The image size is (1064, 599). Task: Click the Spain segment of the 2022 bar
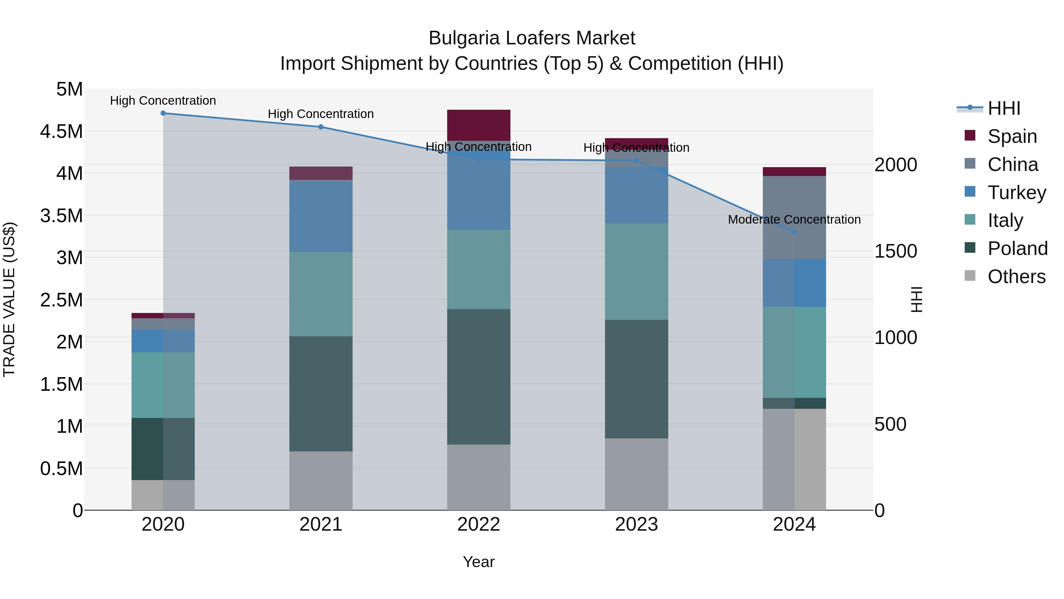click(479, 125)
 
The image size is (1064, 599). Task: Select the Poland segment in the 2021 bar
click(321, 393)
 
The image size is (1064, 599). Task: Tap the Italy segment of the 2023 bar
click(637, 271)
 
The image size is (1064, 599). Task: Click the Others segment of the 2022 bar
click(479, 477)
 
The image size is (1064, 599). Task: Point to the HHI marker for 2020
click(163, 113)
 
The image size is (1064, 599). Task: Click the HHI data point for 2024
click(794, 232)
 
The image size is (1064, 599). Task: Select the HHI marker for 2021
click(321, 127)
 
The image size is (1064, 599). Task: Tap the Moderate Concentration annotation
click(794, 219)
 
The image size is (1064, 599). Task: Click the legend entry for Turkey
click(1016, 193)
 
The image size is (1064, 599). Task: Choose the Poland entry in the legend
click(1017, 248)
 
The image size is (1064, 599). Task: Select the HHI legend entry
click(1004, 108)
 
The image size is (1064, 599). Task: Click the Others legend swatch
click(970, 276)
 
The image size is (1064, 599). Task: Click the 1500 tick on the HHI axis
click(896, 251)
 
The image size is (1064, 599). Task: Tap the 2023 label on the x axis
click(637, 524)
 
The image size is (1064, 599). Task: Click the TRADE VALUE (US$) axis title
click(9, 299)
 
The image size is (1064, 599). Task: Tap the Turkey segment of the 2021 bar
click(321, 217)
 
